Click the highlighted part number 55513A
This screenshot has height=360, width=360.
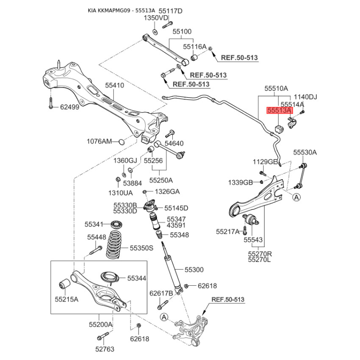[279, 110]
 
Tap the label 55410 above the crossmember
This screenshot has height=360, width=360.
[115, 85]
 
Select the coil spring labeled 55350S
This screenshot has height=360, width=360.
[114, 244]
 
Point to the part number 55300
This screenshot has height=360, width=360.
[194, 270]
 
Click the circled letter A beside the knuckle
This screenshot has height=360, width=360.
[164, 317]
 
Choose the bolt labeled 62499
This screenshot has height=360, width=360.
[51, 103]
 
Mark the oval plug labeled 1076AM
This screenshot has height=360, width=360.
[121, 142]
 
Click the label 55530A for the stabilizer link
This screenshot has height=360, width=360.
[305, 152]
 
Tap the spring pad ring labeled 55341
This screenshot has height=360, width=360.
[117, 224]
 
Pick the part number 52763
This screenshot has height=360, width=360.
[105, 349]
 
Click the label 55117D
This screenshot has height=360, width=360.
[171, 11]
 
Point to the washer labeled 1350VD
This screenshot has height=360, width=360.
[155, 32]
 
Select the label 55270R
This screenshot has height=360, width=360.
[260, 254]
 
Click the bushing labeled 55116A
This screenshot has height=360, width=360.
[195, 57]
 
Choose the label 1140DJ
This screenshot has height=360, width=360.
[306, 97]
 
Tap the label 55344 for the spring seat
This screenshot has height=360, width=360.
[137, 278]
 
